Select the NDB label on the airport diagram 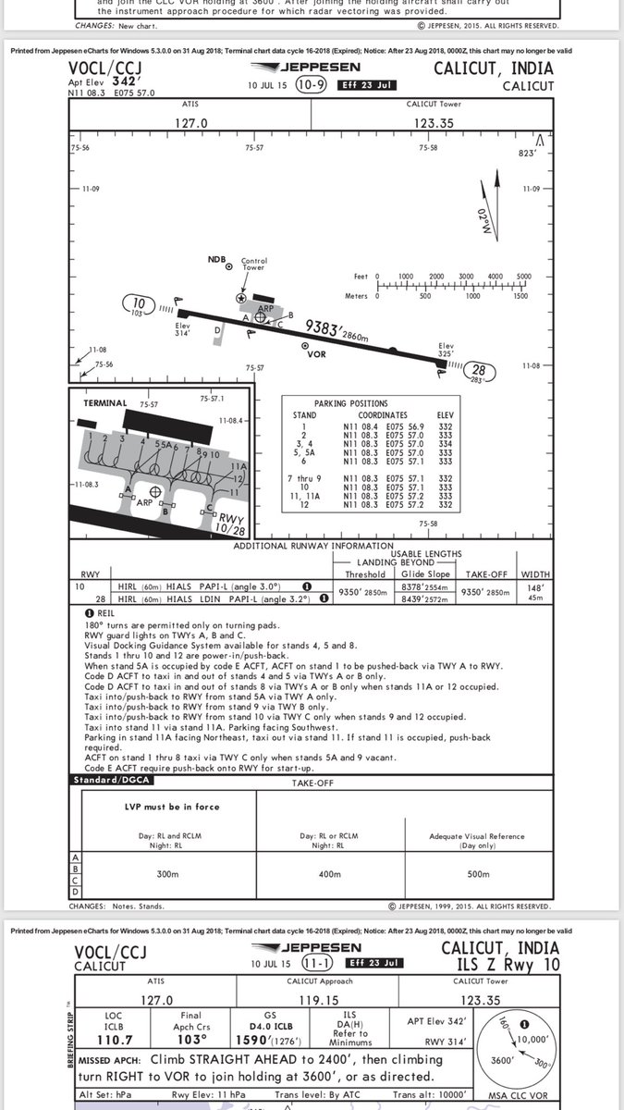pyautogui.click(x=216, y=259)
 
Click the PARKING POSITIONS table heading pyautogui.click(x=350, y=404)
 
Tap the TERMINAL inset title pyautogui.click(x=105, y=403)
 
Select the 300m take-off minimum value pyautogui.click(x=166, y=873)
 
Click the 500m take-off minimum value pyautogui.click(x=478, y=873)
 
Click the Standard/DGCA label pyautogui.click(x=108, y=782)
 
